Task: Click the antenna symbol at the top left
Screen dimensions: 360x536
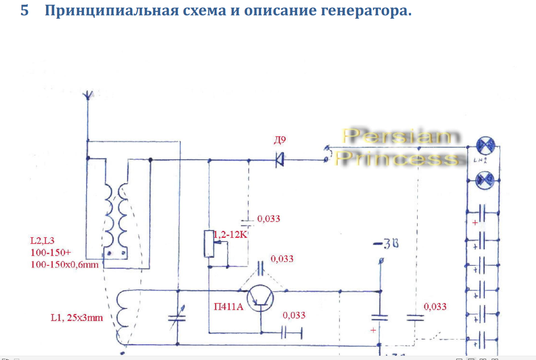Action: pos(87,95)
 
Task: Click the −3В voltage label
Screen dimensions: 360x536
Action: pos(385,246)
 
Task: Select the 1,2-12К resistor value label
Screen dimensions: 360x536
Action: pos(231,235)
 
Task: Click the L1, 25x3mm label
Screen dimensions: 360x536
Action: pos(77,317)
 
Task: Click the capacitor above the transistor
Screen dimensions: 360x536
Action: pos(261,268)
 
